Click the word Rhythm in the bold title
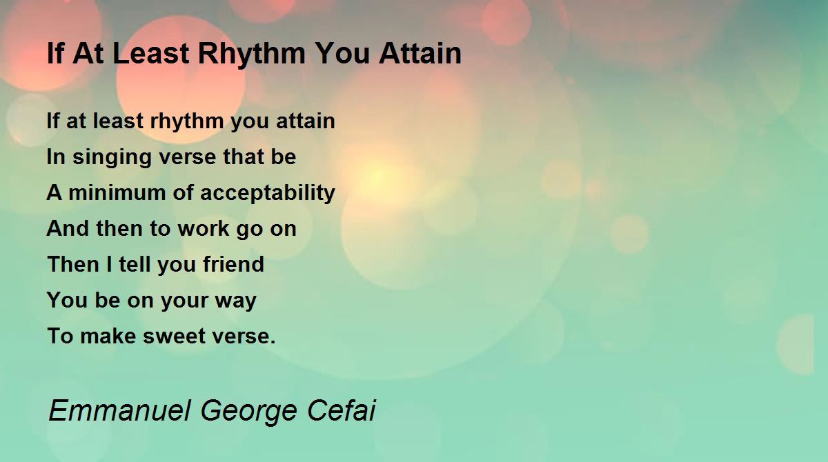252,54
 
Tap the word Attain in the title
420,54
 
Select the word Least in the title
150,54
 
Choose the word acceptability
268,194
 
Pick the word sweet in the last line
174,337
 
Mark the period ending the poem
273,342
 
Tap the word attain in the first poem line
306,121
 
